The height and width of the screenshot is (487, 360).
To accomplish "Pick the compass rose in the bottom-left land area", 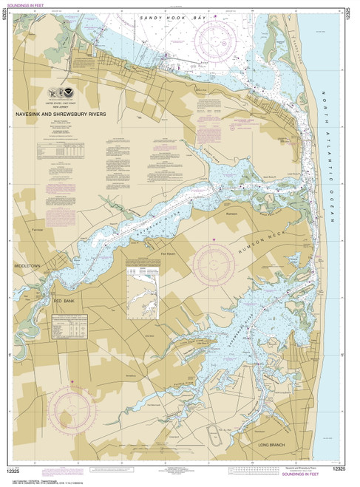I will tap(72, 405).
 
